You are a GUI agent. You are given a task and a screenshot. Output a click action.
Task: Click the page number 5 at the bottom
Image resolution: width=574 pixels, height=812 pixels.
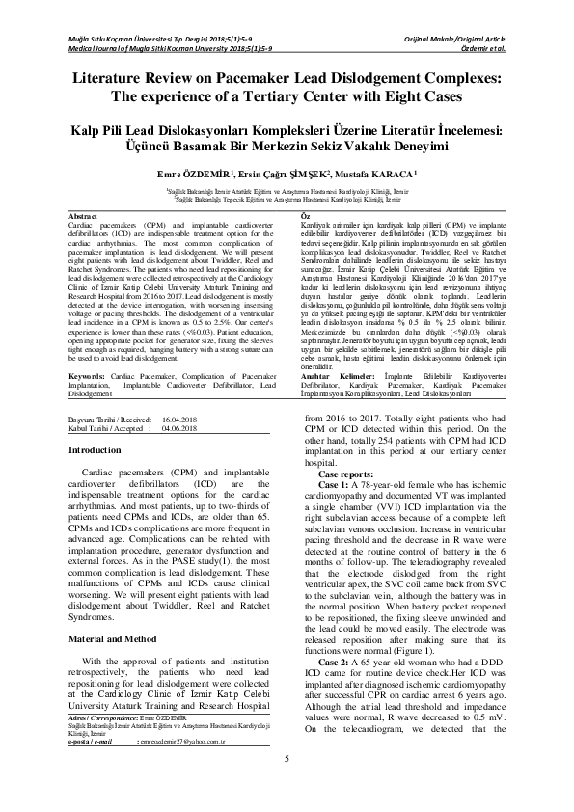pos(287,786)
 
